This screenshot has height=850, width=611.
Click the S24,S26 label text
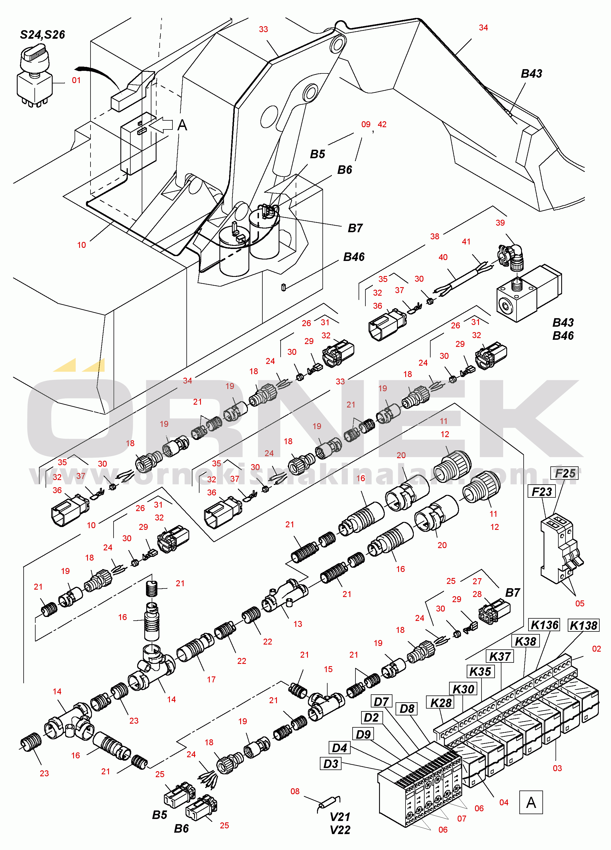pyautogui.click(x=42, y=35)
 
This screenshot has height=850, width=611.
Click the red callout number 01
pyautogui.click(x=76, y=80)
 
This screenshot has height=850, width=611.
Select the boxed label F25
pyautogui.click(x=565, y=473)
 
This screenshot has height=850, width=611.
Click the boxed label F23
pyautogui.click(x=542, y=491)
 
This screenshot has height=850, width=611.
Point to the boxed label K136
pyautogui.click(x=545, y=625)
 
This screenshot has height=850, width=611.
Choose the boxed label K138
pyautogui.click(x=583, y=625)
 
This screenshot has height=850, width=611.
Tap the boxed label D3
pyautogui.click(x=331, y=763)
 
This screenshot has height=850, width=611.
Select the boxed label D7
pyautogui.click(x=381, y=701)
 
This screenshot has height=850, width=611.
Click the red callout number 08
pyautogui.click(x=295, y=791)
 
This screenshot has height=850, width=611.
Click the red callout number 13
pyautogui.click(x=298, y=624)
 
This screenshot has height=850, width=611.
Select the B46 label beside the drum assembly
pyautogui.click(x=354, y=257)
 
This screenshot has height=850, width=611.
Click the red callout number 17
pyautogui.click(x=211, y=680)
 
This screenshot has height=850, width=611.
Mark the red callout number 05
pyautogui.click(x=579, y=603)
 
